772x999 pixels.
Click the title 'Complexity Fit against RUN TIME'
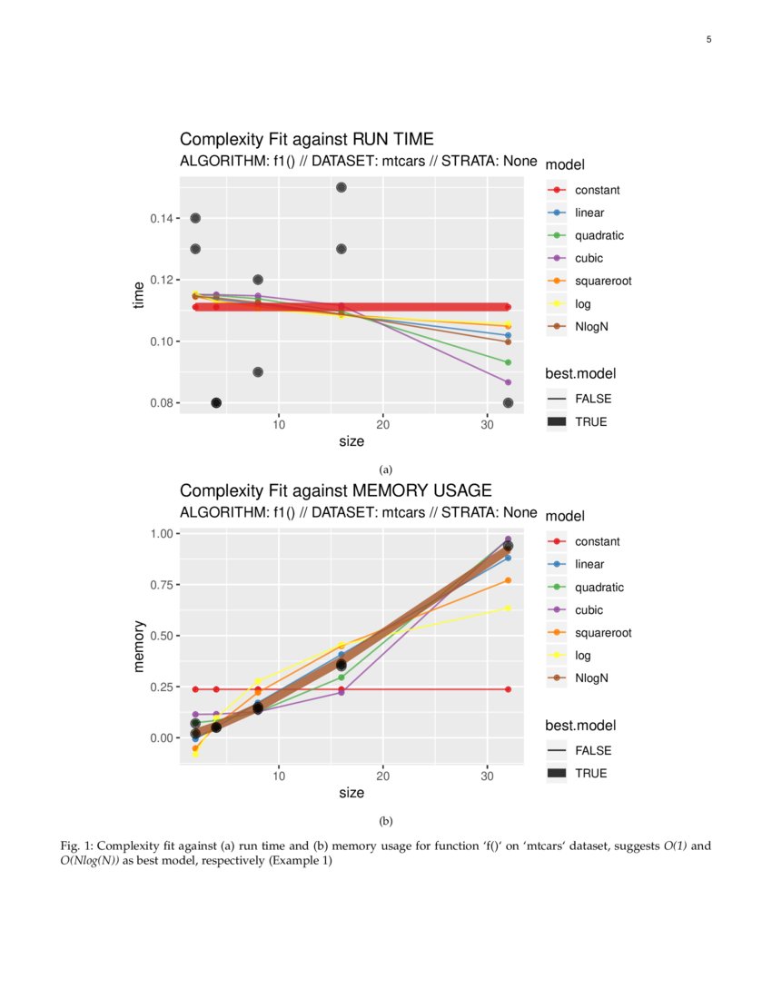306,139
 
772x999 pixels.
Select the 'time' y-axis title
139,295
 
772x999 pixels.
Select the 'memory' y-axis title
139,646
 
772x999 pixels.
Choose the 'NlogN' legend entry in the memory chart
591,678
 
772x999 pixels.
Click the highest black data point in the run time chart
341,187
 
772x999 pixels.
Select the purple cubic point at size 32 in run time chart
508,382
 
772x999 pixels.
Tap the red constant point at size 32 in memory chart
508,689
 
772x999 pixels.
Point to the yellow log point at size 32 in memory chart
508,608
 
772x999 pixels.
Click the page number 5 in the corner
708,39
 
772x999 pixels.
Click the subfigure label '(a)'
386,470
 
